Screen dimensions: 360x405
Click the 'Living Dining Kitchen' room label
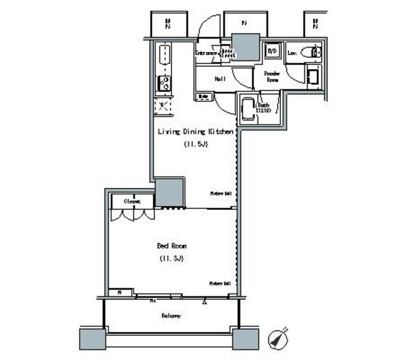pyautogui.click(x=196, y=132)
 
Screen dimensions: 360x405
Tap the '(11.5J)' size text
pyautogui.click(x=196, y=144)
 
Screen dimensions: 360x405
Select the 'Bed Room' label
pyautogui.click(x=171, y=245)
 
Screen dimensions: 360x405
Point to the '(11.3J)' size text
pyautogui.click(x=171, y=258)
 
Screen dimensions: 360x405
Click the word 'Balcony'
pyautogui.click(x=171, y=315)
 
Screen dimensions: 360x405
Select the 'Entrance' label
pyautogui.click(x=206, y=53)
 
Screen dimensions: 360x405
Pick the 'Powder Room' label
pyautogui.click(x=271, y=77)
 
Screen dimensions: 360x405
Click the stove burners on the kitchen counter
pyautogui.click(x=164, y=83)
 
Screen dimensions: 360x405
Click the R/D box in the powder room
pyautogui.click(x=273, y=51)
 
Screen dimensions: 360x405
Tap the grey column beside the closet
pyautogui.click(x=169, y=193)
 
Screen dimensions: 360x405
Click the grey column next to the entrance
pyautogui.click(x=244, y=46)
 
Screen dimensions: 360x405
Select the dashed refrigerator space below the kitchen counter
pyautogui.click(x=163, y=105)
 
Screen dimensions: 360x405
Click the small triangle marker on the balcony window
pyautogui.click(x=205, y=302)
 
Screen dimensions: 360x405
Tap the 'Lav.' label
pyautogui.click(x=292, y=53)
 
